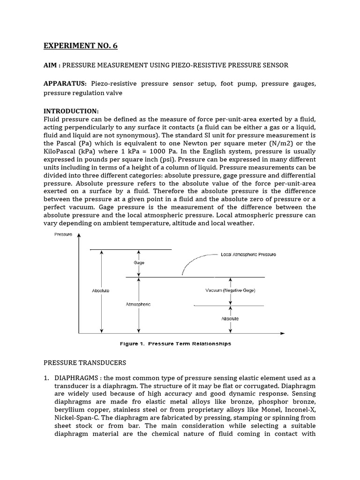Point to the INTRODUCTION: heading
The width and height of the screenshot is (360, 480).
coord(71,111)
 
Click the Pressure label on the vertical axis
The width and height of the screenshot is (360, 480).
coord(64,234)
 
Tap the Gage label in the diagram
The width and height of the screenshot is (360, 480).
coord(139,263)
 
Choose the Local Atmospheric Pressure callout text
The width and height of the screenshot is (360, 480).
coord(248,255)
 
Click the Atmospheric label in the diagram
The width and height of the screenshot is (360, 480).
coord(138,304)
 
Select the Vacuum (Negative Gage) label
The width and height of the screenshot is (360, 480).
coord(230,291)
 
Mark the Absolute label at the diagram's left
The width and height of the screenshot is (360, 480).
coord(101,291)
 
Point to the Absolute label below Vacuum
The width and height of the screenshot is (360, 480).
coord(230,319)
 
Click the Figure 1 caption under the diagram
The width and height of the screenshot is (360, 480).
coord(175,344)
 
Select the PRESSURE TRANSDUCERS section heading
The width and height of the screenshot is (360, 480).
coord(85,362)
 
